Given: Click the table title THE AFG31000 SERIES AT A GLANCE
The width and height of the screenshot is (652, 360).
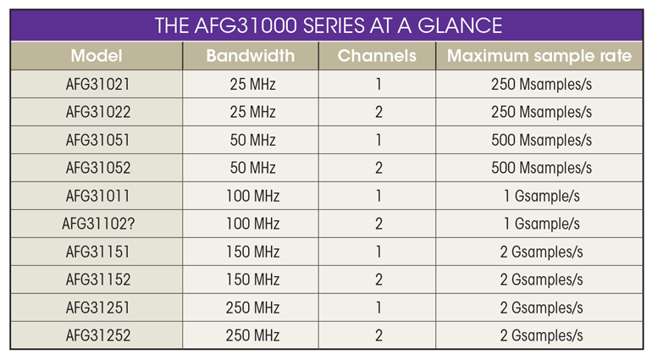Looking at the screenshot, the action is [x=329, y=25].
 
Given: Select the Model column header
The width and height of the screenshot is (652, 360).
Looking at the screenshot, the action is [x=97, y=56].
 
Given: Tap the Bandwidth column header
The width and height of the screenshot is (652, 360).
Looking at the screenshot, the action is [x=251, y=56].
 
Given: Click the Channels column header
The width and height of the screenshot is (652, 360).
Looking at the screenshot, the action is [x=377, y=56].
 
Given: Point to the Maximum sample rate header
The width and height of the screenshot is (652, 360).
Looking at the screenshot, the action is [x=539, y=56].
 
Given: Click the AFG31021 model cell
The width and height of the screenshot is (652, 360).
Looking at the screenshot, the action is [x=97, y=85].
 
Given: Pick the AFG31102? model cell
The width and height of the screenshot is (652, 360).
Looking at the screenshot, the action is [x=98, y=224].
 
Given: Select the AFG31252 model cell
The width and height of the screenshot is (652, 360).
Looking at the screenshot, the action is [x=98, y=335].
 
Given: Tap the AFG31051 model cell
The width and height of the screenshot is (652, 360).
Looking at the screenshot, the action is [x=97, y=141].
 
